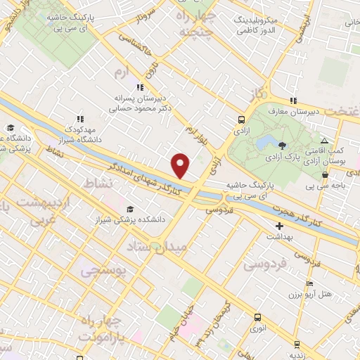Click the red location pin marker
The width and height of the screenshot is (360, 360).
[181, 165]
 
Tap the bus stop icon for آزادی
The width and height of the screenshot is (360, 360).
[241, 120]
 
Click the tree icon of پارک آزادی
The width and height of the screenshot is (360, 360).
[283, 146]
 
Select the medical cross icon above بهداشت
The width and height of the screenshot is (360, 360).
[280, 226]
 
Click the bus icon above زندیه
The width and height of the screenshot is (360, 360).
[297, 345]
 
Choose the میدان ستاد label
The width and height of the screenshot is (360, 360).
[157, 247]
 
